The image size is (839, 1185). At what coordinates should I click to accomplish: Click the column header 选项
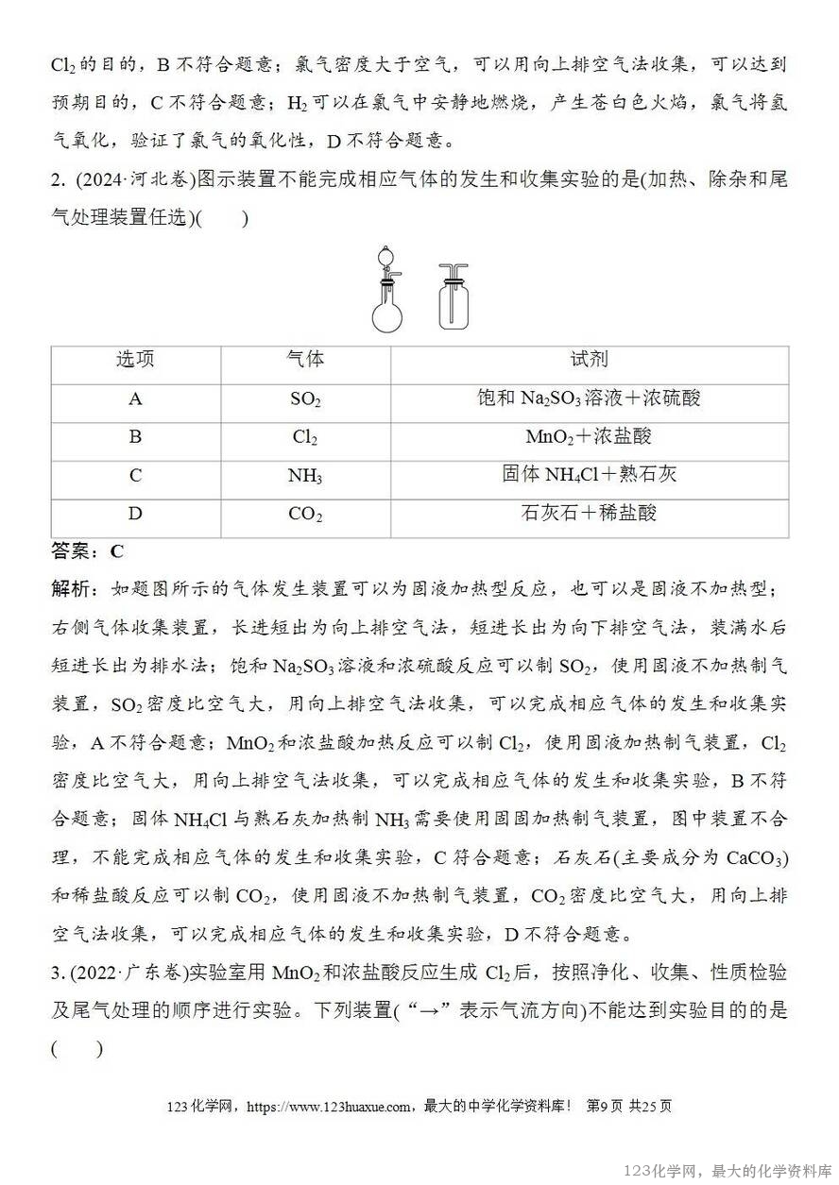click(x=135, y=360)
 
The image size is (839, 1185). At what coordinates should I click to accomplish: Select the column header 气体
click(x=305, y=360)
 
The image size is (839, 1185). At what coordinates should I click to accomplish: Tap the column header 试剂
click(x=590, y=360)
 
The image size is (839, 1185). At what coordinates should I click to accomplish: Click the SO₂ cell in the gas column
click(x=305, y=399)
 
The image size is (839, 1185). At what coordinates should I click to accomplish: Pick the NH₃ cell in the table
click(x=305, y=476)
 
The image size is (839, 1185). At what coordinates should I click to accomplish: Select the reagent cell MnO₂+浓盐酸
click(x=590, y=437)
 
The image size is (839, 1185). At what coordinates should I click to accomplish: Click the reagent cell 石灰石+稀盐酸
click(x=590, y=514)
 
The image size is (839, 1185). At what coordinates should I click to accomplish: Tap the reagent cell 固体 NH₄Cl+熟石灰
click(x=590, y=475)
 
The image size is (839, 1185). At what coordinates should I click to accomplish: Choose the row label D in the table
click(x=135, y=514)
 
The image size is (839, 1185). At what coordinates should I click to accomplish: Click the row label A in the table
click(x=135, y=399)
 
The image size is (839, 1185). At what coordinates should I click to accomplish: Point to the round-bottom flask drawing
click(x=388, y=312)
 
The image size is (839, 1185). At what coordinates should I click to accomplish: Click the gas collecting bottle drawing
click(x=454, y=300)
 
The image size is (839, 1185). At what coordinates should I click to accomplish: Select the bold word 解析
click(x=72, y=589)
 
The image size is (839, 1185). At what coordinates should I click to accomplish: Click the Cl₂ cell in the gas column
click(x=305, y=438)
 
